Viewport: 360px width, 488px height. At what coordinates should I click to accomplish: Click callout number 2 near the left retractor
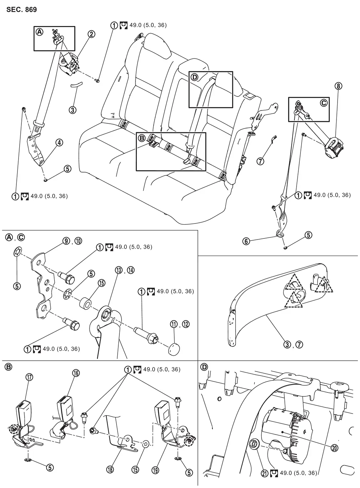coord(92,34)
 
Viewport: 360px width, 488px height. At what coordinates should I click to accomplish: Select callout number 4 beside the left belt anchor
coord(59,143)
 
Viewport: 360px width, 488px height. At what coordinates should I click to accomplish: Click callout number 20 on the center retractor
coord(334,448)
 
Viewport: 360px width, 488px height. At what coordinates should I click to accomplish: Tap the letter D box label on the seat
coord(194,77)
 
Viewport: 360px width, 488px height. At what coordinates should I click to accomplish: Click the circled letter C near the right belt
coord(324,103)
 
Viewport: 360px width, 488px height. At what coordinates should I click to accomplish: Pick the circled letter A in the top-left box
coord(39,32)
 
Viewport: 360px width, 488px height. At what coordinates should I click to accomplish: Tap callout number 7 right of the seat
coord(261,161)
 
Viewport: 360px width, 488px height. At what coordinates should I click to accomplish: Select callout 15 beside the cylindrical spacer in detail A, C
coord(102,283)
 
